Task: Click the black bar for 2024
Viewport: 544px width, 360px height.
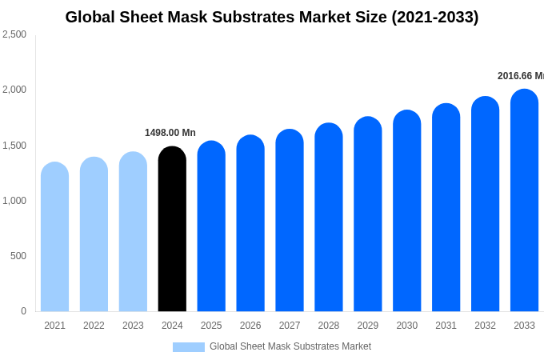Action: (172, 230)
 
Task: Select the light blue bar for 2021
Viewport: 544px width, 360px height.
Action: (54, 238)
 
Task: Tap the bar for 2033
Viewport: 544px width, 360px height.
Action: (524, 201)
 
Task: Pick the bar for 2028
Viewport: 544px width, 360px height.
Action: (329, 218)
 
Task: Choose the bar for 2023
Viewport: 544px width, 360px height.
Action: (133, 232)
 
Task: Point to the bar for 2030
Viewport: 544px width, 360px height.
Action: (406, 211)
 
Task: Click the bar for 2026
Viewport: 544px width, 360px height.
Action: (250, 224)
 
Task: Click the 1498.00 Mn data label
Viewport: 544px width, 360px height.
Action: (170, 133)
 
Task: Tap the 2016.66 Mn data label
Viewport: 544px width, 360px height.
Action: (520, 76)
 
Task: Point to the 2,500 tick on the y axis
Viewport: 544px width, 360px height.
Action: (14, 34)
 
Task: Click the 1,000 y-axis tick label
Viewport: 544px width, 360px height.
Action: (14, 201)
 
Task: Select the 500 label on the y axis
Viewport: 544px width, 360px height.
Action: (18, 256)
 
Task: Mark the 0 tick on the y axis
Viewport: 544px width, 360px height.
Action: (23, 311)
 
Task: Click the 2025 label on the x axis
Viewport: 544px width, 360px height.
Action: (211, 326)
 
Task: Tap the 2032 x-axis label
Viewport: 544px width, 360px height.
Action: (485, 326)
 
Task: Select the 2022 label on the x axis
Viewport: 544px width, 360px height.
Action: (94, 326)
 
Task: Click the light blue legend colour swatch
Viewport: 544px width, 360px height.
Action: (189, 347)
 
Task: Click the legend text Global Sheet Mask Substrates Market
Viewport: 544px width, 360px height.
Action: (290, 346)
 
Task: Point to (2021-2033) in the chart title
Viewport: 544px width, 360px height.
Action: (435, 17)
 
